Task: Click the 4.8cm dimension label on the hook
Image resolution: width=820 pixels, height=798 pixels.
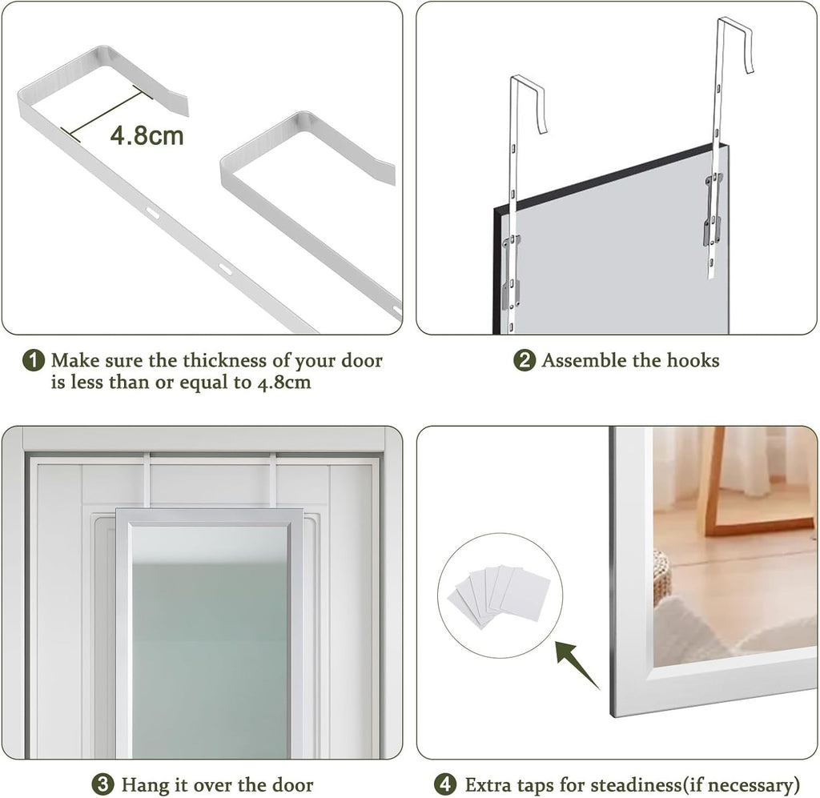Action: tap(147, 134)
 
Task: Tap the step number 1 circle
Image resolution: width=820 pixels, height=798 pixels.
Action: tap(34, 360)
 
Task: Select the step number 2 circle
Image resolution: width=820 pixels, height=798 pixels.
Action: tap(525, 360)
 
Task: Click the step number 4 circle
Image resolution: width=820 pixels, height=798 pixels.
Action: tap(445, 784)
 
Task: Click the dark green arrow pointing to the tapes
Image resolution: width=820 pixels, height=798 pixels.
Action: tap(577, 664)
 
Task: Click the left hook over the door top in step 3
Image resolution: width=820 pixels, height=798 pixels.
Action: tap(148, 480)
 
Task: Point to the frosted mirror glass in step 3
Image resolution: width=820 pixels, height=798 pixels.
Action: tap(209, 640)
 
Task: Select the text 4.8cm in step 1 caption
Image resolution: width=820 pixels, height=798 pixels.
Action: tap(283, 383)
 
